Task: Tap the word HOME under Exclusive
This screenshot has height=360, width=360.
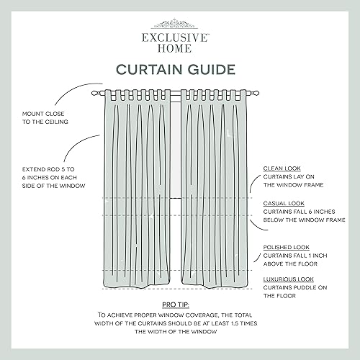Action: pos(179,47)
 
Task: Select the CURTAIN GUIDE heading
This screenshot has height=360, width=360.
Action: pos(179,70)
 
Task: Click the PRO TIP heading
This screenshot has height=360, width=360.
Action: pos(179,305)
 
